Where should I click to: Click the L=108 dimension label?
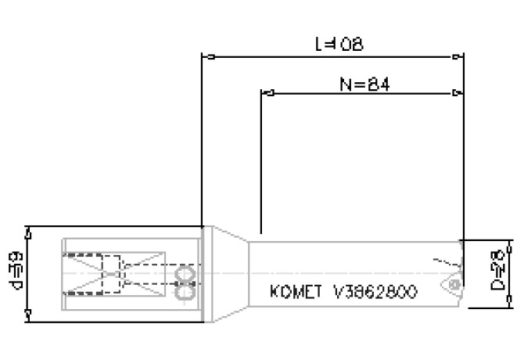point(339,45)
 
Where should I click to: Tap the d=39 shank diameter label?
point(15,272)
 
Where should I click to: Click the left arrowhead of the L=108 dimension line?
point(207,56)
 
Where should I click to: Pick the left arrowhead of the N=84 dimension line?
point(266,95)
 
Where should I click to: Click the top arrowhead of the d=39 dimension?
point(29,231)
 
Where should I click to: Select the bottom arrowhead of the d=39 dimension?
point(29,315)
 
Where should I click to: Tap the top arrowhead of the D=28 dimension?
point(513,245)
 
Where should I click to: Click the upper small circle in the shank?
point(185,275)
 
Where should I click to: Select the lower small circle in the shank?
point(185,291)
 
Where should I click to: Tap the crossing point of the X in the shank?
point(115,274)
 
